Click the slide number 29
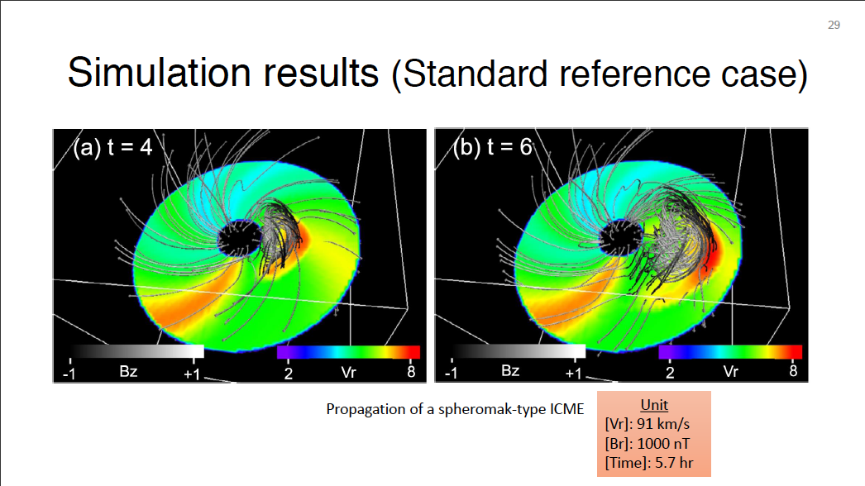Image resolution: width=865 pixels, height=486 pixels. click(x=834, y=25)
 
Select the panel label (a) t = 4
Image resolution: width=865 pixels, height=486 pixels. click(x=112, y=147)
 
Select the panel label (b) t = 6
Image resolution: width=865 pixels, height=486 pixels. click(x=493, y=147)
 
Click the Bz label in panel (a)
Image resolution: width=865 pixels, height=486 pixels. click(x=128, y=371)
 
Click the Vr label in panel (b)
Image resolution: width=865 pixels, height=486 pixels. click(x=731, y=372)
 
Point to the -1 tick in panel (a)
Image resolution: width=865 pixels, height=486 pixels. click(x=69, y=374)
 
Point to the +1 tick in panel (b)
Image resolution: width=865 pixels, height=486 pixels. click(x=573, y=374)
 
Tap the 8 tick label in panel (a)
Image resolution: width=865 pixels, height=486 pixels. click(x=411, y=372)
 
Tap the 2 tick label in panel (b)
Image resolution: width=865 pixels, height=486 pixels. click(x=670, y=373)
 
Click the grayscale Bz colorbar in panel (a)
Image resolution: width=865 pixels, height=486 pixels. click(x=136, y=351)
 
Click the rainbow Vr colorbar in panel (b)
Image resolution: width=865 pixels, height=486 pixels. click(x=730, y=351)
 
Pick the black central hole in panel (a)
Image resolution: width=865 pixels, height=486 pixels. click(x=240, y=238)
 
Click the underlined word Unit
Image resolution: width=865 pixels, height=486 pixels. click(x=654, y=405)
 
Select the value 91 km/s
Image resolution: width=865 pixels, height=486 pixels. click(x=663, y=424)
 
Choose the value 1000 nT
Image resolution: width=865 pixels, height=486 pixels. click(x=663, y=444)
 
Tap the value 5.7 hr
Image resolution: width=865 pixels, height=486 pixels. click(x=674, y=463)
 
